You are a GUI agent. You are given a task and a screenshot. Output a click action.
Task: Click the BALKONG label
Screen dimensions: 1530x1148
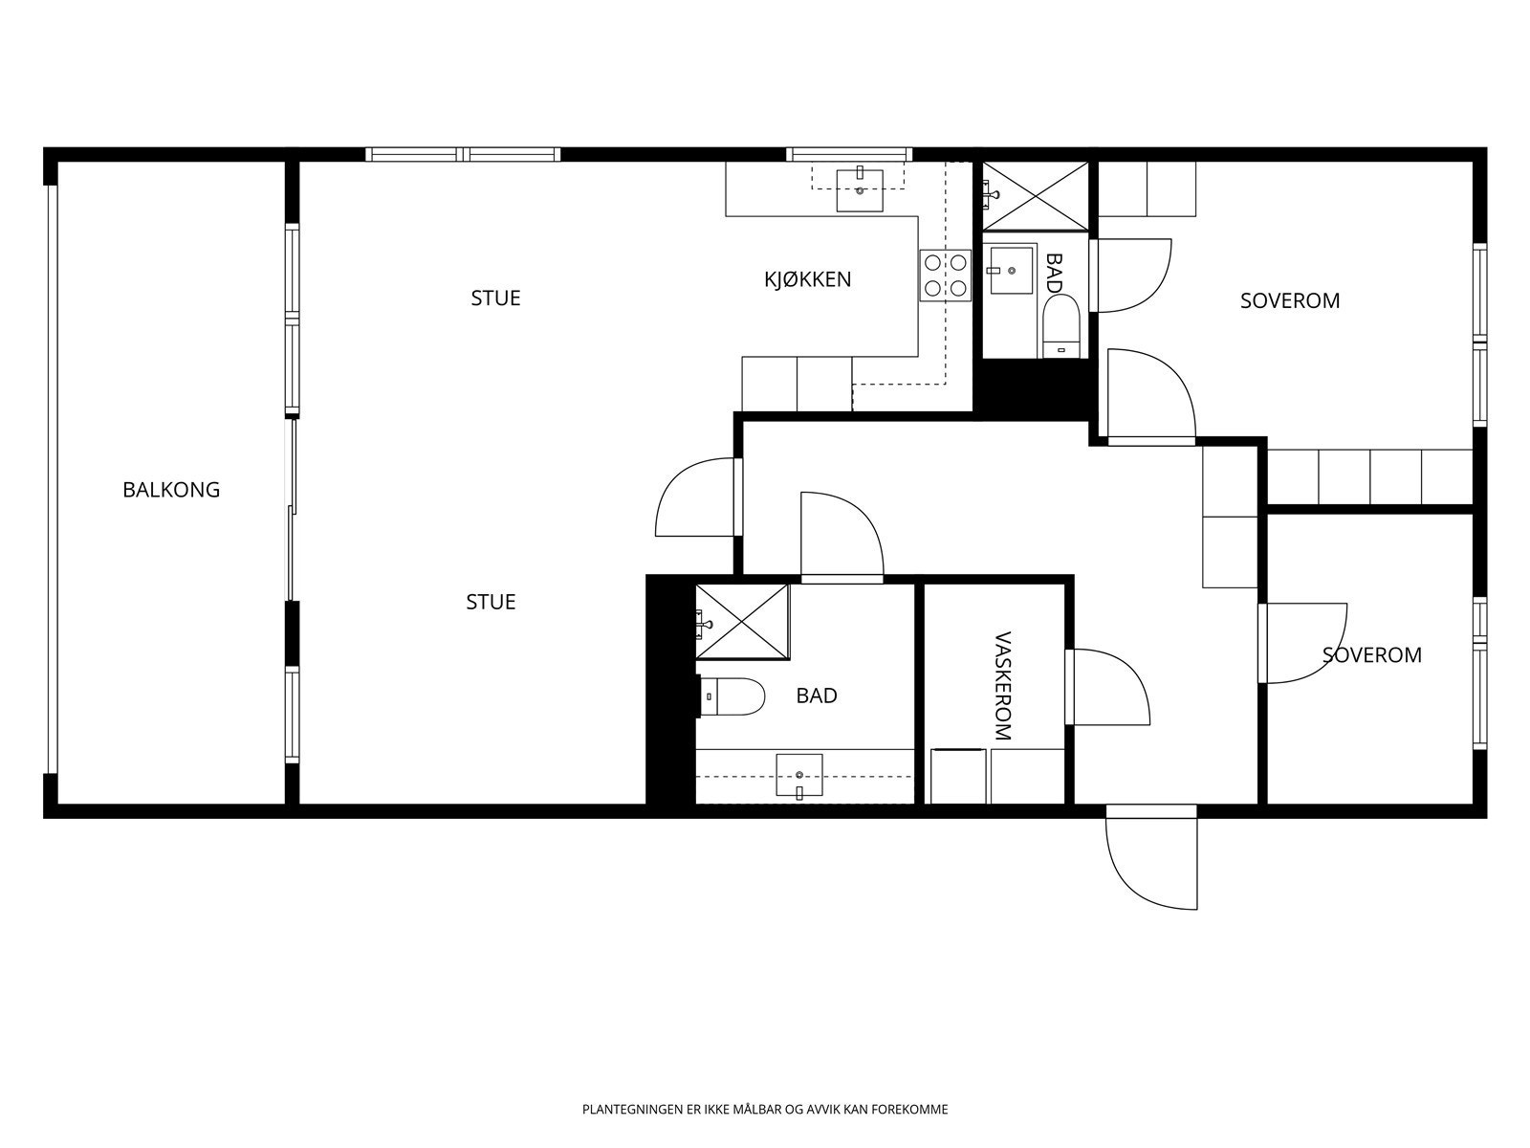click(x=171, y=490)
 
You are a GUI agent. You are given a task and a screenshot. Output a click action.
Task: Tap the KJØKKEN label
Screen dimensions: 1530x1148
click(x=807, y=279)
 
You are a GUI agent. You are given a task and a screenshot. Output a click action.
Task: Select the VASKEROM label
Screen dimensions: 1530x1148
click(x=1001, y=686)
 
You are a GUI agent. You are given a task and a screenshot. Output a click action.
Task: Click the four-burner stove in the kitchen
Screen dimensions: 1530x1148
click(x=945, y=276)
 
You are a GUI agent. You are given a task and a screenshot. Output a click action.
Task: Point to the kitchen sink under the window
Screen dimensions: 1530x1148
click(x=859, y=188)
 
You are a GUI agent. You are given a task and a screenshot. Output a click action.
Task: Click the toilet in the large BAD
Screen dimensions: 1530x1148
click(x=732, y=696)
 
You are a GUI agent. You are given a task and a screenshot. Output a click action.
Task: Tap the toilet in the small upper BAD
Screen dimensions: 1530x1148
click(x=1060, y=326)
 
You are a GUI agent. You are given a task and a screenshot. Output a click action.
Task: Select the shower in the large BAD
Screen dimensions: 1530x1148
click(x=742, y=622)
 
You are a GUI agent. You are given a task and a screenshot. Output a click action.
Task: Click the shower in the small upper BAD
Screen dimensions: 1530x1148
click(x=1035, y=196)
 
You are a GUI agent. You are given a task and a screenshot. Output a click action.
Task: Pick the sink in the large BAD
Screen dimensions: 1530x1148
click(x=799, y=775)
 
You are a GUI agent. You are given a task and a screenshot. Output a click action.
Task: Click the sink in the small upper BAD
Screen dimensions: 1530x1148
click(x=1011, y=269)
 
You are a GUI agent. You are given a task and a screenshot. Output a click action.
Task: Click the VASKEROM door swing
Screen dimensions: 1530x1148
click(x=1107, y=687)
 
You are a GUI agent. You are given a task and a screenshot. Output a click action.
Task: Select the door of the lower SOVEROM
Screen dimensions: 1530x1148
click(x=1302, y=643)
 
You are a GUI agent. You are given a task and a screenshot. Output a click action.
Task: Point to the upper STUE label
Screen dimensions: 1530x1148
click(x=495, y=298)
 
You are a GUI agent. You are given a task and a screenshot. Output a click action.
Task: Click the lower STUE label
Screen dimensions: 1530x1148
click(x=491, y=603)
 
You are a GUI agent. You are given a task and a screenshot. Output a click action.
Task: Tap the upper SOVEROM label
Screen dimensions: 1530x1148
click(x=1290, y=301)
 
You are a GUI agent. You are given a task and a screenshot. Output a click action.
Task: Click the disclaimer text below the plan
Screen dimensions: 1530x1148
click(x=765, y=1110)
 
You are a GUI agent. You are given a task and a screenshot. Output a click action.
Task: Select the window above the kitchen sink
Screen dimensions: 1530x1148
click(x=849, y=154)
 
